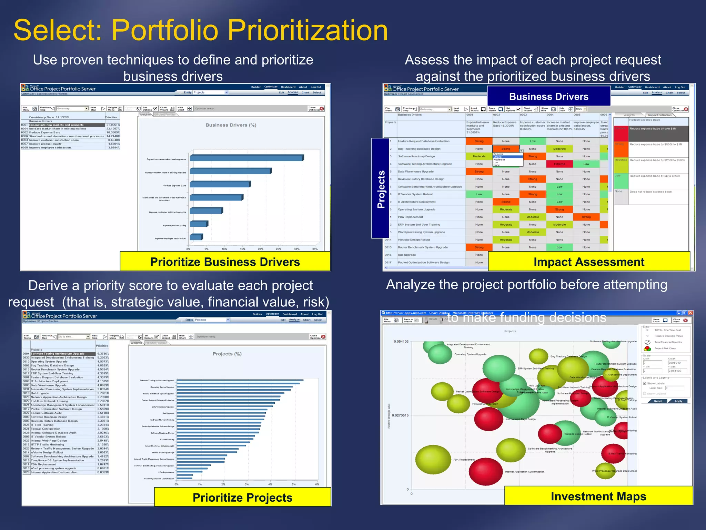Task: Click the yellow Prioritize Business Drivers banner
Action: (x=225, y=262)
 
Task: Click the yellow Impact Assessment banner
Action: (x=589, y=262)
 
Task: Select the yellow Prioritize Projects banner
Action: (x=242, y=497)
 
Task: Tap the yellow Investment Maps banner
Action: (x=598, y=496)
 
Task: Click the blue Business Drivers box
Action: (x=548, y=96)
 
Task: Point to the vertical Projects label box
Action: (x=381, y=188)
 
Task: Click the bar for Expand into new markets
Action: (x=246, y=158)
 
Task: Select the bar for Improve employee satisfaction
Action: (x=196, y=237)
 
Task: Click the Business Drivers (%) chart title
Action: (x=231, y=125)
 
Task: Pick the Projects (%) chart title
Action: (x=227, y=354)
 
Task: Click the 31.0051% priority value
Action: (x=113, y=125)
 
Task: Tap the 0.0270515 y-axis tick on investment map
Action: (x=400, y=415)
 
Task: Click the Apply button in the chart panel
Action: (x=678, y=401)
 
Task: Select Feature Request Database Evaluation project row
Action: (x=423, y=141)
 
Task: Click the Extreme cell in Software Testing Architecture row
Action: (x=559, y=164)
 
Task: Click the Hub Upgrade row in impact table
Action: (x=407, y=255)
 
